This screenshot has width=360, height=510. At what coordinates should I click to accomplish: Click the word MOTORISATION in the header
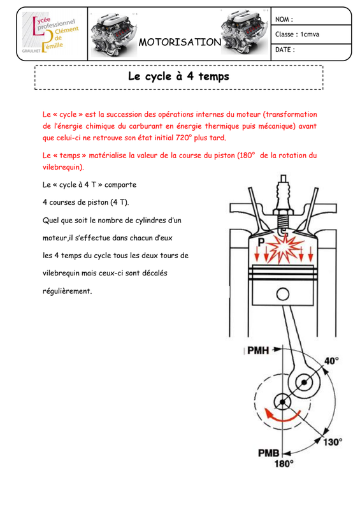click(180, 42)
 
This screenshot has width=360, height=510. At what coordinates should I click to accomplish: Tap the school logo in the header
click(51, 34)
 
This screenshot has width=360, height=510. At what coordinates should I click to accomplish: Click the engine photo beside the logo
click(114, 34)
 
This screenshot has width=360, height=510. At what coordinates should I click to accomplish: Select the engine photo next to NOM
click(245, 33)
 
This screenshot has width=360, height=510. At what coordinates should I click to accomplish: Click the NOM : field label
click(284, 20)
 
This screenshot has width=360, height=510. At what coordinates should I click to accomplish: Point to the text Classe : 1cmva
click(297, 34)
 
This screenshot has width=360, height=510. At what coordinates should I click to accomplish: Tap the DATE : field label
click(285, 50)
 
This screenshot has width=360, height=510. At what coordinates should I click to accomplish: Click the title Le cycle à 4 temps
click(178, 76)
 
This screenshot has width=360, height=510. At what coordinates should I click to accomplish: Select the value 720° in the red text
click(184, 138)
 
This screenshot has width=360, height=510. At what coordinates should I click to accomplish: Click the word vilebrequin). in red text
click(63, 167)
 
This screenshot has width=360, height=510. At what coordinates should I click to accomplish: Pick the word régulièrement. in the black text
click(68, 291)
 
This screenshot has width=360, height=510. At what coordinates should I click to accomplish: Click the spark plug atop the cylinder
click(283, 205)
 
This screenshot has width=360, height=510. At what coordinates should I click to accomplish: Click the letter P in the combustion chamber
click(261, 242)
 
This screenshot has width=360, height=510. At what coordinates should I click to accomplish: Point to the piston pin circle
click(283, 295)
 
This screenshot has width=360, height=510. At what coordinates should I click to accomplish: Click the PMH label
click(258, 350)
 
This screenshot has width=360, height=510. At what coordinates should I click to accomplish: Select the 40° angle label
click(331, 361)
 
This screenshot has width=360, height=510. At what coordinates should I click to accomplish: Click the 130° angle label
click(333, 442)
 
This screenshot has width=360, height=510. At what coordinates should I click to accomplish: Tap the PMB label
click(269, 453)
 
